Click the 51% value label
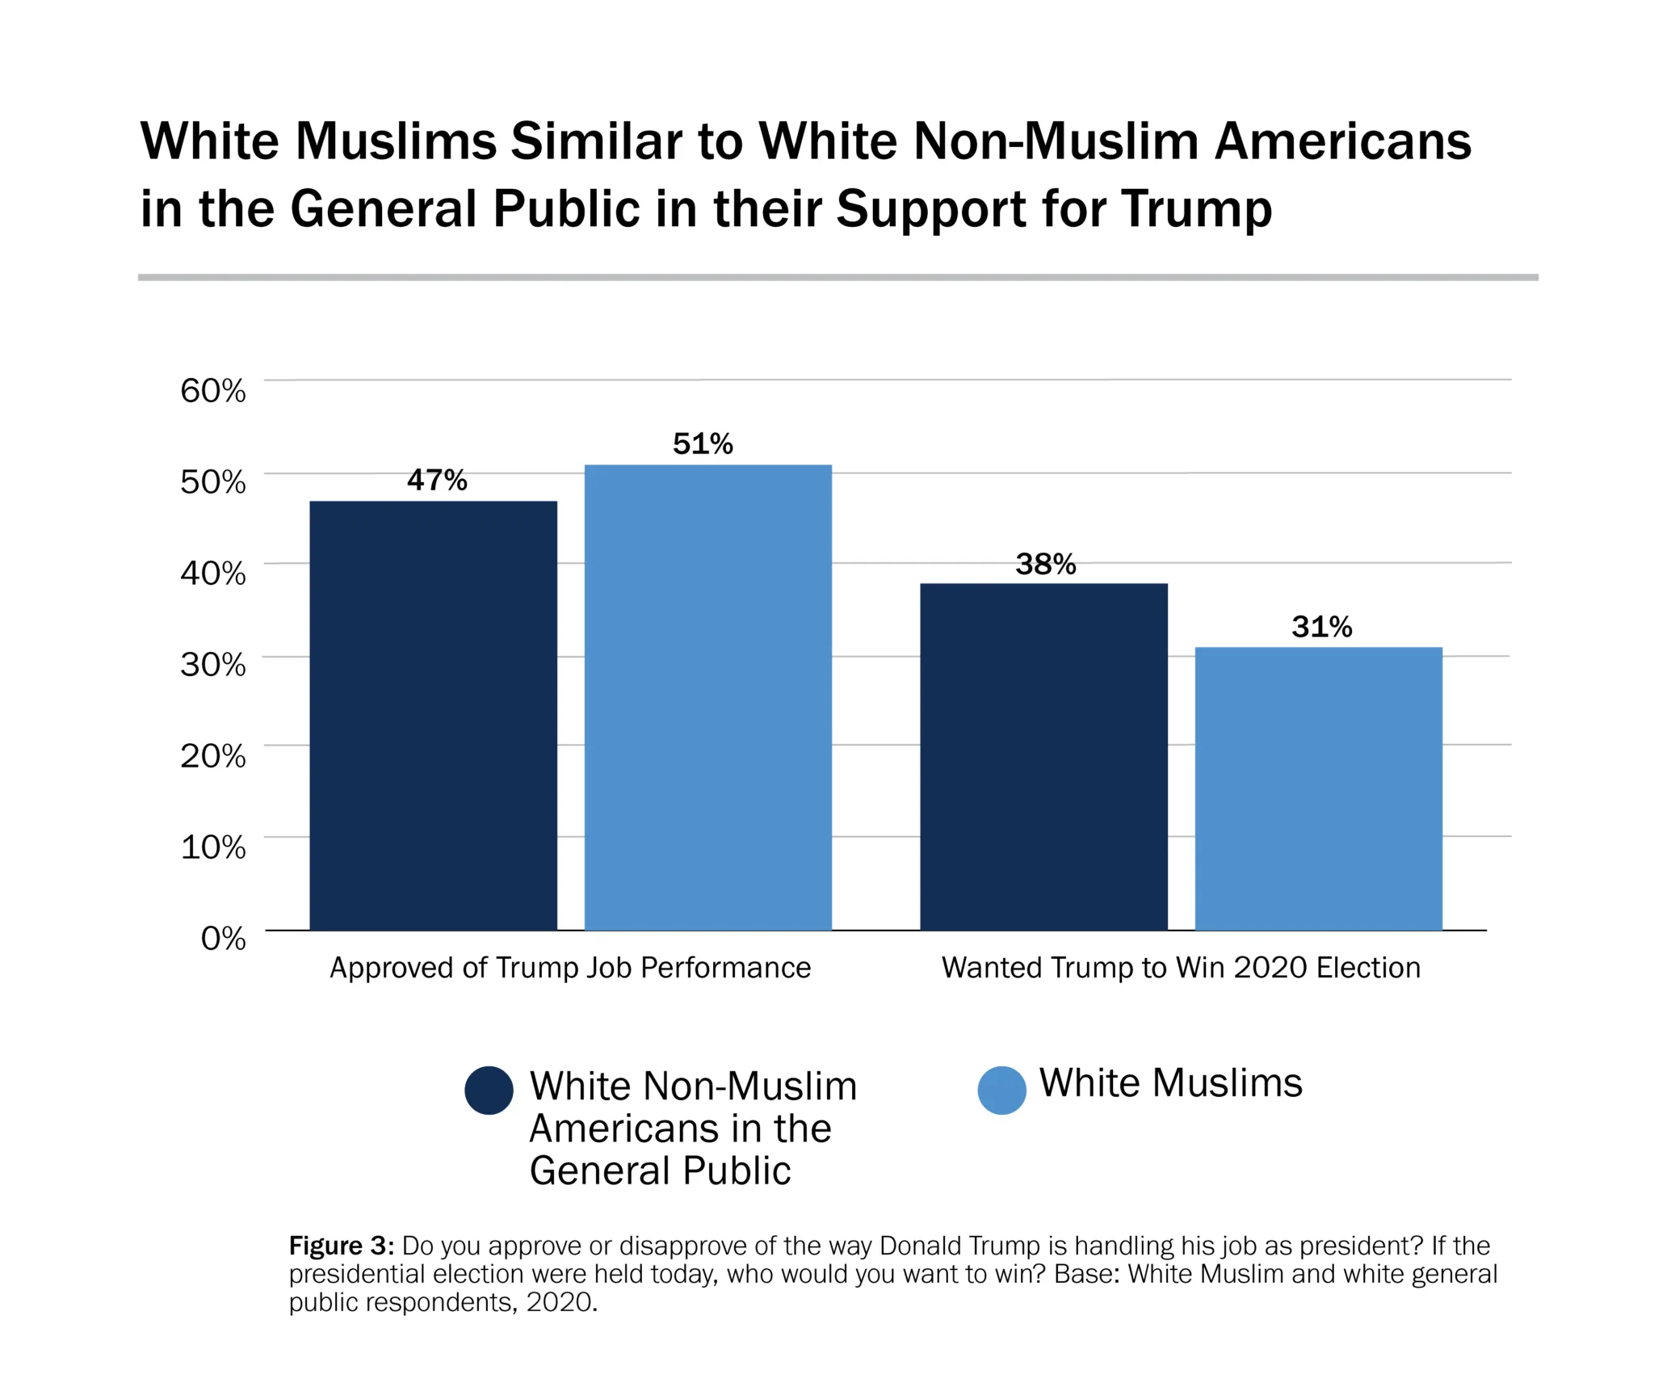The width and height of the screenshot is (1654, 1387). pos(703,443)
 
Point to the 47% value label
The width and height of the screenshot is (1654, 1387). pos(437,480)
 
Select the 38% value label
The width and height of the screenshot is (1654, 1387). pos(1046,564)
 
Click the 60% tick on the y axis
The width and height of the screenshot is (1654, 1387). pos(213,390)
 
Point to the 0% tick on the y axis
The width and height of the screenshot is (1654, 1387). pos(223,938)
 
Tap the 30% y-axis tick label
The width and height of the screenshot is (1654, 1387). pos(213,664)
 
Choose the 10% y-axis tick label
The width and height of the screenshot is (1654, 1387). pos(213,847)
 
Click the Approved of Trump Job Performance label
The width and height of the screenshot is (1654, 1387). pos(570,967)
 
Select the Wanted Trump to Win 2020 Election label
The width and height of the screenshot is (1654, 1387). pos(1181,967)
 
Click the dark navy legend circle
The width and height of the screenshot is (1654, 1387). pos(489,1090)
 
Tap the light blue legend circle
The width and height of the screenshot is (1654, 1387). pos(1001,1090)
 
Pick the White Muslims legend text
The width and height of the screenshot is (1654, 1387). pos(1170,1082)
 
